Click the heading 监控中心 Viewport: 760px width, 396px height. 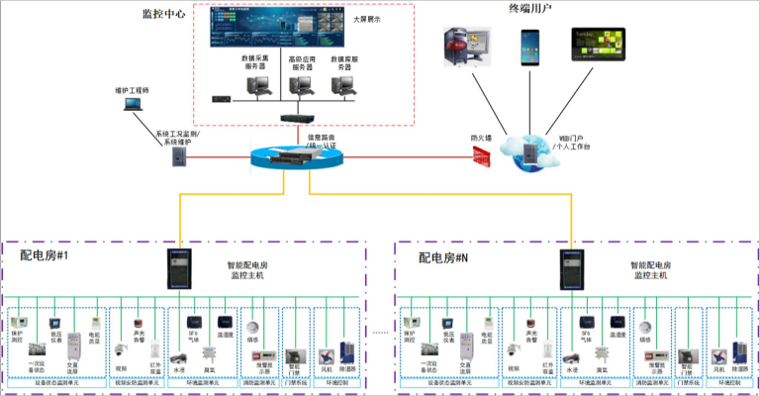click(x=163, y=16)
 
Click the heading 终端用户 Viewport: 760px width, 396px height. click(x=531, y=9)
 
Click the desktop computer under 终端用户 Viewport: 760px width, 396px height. click(x=464, y=47)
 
